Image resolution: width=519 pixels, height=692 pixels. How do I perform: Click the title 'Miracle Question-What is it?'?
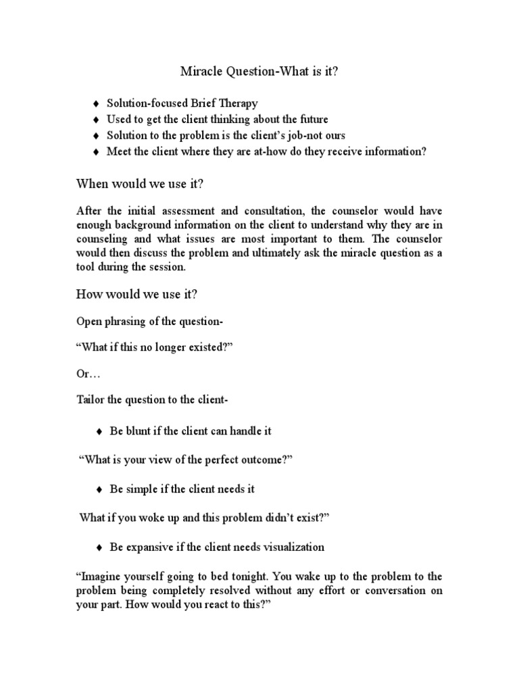pos(259,71)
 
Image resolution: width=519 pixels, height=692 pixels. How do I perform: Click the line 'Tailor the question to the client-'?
pos(152,399)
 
